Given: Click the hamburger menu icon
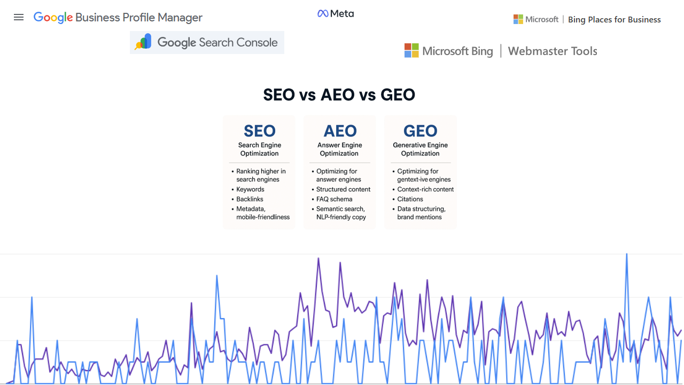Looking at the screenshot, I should [x=19, y=17].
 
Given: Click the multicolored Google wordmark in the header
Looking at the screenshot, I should [x=53, y=17].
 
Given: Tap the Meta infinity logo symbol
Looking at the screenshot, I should [x=323, y=13].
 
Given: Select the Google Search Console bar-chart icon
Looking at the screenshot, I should [x=143, y=42].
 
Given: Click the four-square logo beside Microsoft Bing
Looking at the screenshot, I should [x=411, y=51].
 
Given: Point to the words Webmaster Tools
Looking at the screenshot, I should [x=553, y=51].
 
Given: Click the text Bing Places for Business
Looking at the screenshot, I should [x=614, y=20].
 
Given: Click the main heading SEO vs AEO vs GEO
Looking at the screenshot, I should [x=339, y=95].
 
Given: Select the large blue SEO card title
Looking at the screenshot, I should [x=260, y=131].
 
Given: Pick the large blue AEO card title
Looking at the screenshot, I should [x=340, y=131].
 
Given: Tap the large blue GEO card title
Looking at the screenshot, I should [x=420, y=131].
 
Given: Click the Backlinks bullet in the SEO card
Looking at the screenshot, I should [x=250, y=199].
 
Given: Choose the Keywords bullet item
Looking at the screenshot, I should [x=250, y=189].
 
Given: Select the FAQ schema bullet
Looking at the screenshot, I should [x=334, y=199].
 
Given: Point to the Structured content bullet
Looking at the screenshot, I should [x=343, y=189].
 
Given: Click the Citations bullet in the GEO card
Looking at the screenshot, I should [x=410, y=199].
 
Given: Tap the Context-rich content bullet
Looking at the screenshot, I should [x=425, y=189].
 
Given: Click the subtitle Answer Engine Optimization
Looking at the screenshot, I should [x=339, y=149].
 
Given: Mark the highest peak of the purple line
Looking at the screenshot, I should [x=318, y=258].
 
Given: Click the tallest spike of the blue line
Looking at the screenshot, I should [x=626, y=254].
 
